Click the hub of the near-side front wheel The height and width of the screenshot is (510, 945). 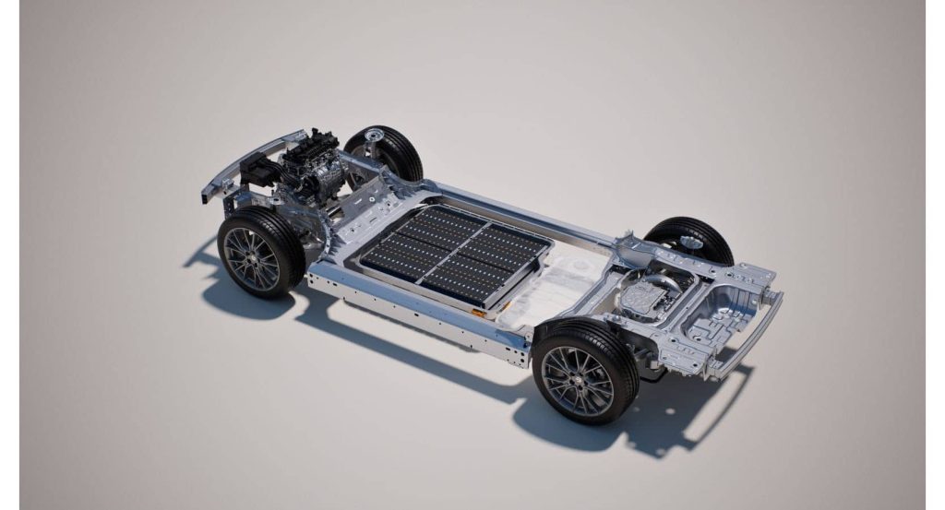(250, 257)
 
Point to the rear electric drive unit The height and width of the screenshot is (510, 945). (646, 296)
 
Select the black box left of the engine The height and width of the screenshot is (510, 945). (260, 172)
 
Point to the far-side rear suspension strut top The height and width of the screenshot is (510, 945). (688, 243)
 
